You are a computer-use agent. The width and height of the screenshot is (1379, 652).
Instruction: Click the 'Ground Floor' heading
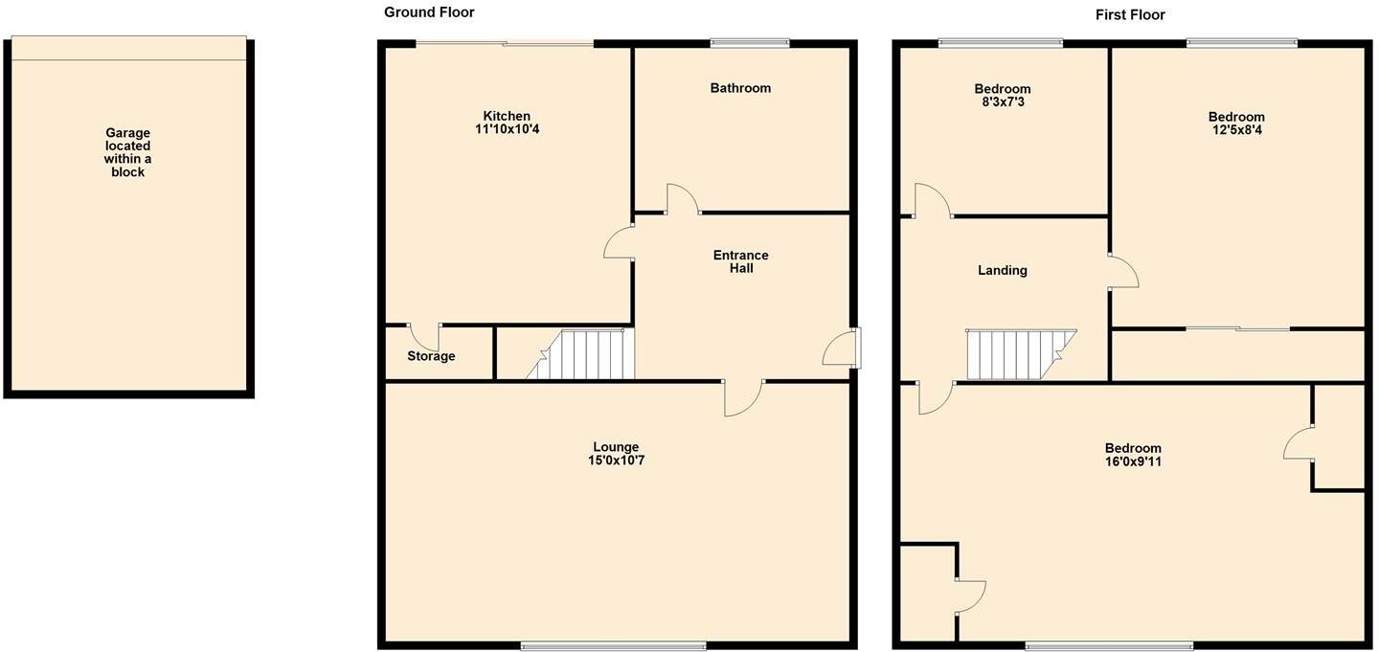tap(429, 12)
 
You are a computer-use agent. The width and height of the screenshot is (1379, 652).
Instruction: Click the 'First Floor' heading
tap(1130, 14)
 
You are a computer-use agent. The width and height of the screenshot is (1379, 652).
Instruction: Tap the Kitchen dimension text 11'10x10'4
tap(507, 129)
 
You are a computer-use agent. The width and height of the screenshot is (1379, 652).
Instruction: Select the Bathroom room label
tap(740, 88)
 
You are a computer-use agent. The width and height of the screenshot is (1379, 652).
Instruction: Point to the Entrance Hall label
tap(740, 262)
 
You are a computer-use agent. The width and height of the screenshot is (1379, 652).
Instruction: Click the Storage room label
tap(431, 356)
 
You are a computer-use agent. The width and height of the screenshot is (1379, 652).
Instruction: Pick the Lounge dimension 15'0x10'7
tap(616, 461)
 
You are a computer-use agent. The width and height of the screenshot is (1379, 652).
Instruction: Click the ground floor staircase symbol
tap(583, 354)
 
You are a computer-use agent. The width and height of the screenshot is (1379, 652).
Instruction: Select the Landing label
tap(1002, 271)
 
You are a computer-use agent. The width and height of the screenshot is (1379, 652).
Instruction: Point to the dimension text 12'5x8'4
tap(1236, 130)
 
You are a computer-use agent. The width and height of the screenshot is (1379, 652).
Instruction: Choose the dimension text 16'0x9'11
tap(1133, 461)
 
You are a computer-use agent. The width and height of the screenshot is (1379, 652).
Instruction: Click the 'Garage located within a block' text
tap(127, 153)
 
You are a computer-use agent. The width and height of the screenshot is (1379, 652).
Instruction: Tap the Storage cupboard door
tap(424, 336)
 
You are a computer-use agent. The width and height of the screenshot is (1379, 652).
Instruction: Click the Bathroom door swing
tap(682, 198)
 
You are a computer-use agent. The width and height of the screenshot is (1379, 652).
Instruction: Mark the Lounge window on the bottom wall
tap(614, 646)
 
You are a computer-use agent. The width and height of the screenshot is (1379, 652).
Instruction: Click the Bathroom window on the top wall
tap(750, 42)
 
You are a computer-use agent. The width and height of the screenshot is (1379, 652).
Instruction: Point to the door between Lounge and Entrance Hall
tap(743, 397)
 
